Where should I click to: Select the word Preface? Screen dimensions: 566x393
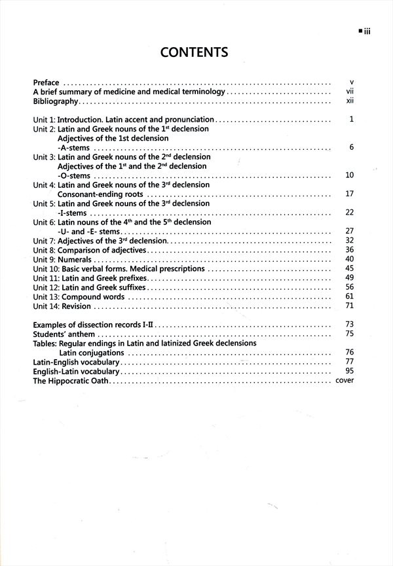[47, 83]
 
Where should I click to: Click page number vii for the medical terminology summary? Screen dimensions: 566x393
[350, 93]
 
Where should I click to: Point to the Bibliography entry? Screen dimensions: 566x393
[56, 102]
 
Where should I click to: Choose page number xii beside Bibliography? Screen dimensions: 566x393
[350, 102]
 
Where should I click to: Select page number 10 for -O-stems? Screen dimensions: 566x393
[349, 176]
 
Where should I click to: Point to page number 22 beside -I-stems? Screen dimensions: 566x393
[349, 213]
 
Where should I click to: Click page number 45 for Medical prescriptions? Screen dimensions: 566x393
[349, 269]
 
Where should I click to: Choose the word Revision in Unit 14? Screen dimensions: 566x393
[77, 306]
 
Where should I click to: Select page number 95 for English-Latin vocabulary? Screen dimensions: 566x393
[349, 371]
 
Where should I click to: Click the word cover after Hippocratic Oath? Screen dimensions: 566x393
[345, 380]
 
